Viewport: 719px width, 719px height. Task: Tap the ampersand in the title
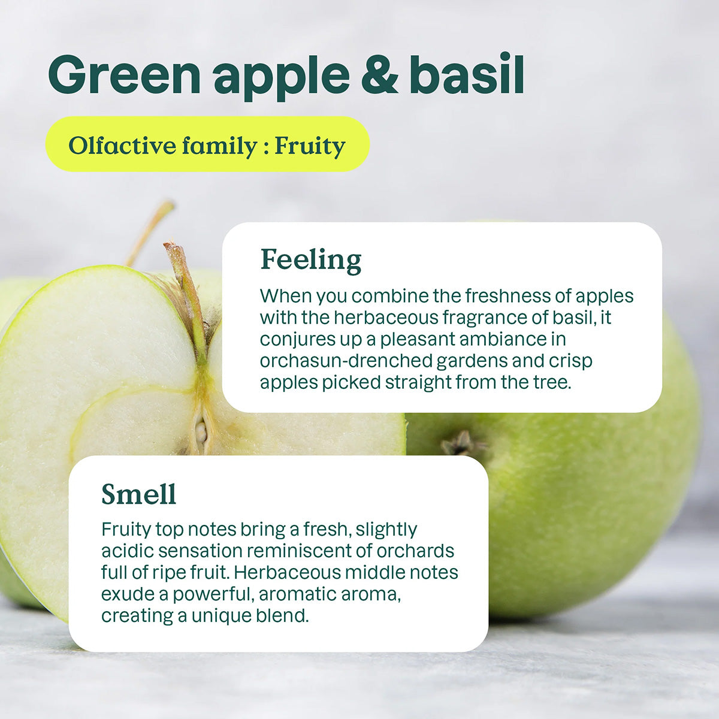(379, 75)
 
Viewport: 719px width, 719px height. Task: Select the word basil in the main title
(467, 74)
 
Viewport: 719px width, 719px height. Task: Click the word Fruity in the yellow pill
(310, 146)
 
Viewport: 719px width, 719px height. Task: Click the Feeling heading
(311, 260)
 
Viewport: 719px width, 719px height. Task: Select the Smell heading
(138, 494)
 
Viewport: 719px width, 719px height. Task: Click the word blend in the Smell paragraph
(282, 616)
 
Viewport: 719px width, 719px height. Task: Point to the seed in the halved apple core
(201, 430)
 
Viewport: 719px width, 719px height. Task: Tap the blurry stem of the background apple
(150, 231)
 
